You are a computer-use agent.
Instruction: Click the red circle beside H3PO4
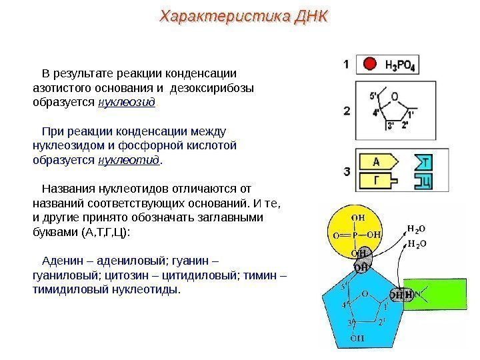click(369, 65)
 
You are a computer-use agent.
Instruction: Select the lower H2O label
click(417, 244)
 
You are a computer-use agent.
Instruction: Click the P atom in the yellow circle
click(357, 234)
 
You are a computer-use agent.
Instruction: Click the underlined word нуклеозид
click(127, 102)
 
